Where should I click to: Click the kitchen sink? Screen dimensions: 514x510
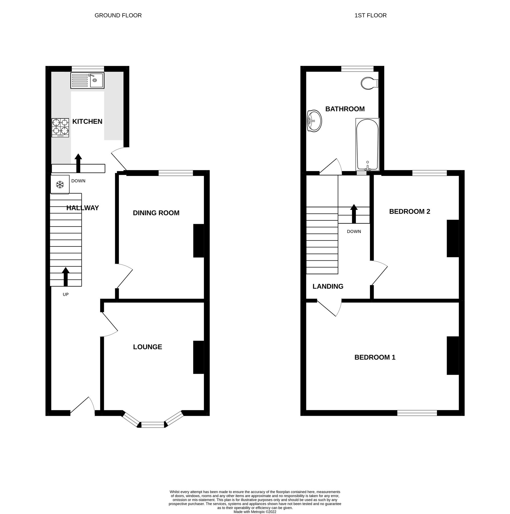87,80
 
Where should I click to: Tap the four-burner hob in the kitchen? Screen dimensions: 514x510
60,128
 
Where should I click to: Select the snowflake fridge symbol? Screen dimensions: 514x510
60,185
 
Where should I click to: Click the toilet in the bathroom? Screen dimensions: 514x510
369,83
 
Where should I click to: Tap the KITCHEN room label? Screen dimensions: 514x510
87,121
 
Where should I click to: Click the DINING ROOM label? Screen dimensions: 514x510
156,213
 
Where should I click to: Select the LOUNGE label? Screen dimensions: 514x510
147,347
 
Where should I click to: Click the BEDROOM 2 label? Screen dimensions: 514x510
409,211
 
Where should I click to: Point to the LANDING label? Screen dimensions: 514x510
328,286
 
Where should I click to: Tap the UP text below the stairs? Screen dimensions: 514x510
66,294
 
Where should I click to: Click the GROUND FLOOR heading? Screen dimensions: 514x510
118,15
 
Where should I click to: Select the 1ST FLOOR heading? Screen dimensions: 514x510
371,15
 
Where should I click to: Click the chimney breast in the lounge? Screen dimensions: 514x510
199,357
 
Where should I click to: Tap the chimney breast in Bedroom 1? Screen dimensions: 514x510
452,356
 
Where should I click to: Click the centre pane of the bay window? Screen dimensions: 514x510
153,425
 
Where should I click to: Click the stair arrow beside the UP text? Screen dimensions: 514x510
66,276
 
